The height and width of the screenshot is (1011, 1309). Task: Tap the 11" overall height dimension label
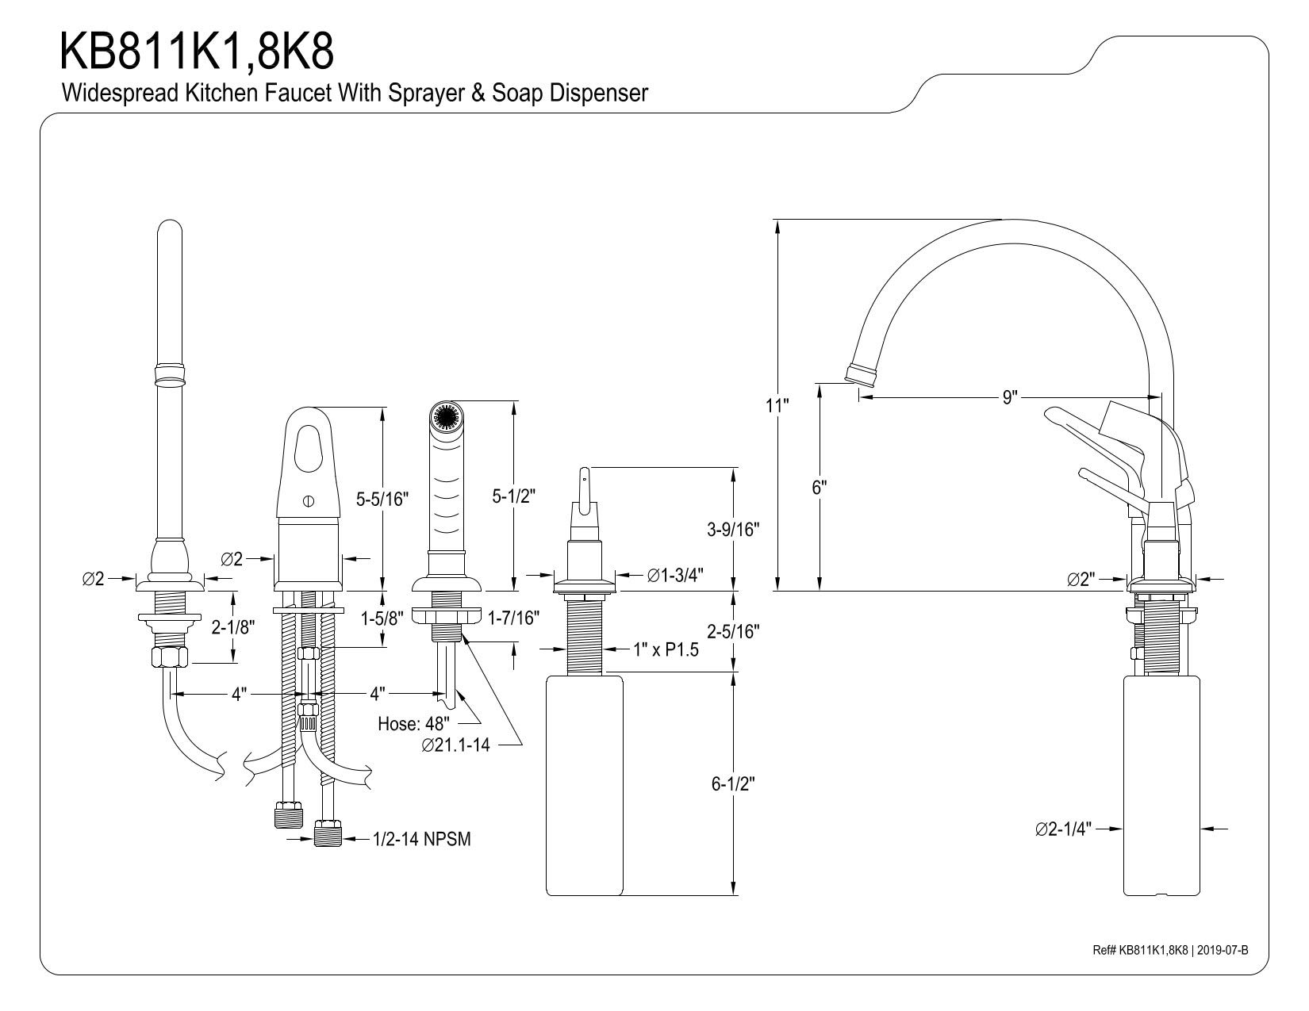point(777,406)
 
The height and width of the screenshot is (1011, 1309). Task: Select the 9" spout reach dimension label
point(1010,397)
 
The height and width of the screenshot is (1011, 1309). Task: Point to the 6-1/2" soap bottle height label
point(732,784)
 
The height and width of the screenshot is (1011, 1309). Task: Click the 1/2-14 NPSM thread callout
point(422,839)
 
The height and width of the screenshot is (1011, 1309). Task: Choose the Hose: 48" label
point(414,723)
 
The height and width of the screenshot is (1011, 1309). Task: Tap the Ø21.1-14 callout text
point(456,745)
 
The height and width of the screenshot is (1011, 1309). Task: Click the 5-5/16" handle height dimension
point(382,499)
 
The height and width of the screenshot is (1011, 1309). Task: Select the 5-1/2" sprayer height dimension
point(514,496)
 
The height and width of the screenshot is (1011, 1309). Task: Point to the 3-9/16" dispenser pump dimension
point(732,529)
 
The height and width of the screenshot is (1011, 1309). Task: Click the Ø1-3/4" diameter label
point(675,575)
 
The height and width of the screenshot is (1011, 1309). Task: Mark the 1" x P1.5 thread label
point(666,649)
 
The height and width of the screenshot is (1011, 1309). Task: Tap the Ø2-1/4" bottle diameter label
point(1063,829)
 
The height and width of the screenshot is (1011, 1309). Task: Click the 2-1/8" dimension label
point(232,627)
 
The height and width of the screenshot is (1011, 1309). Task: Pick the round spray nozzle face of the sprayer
point(445,417)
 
